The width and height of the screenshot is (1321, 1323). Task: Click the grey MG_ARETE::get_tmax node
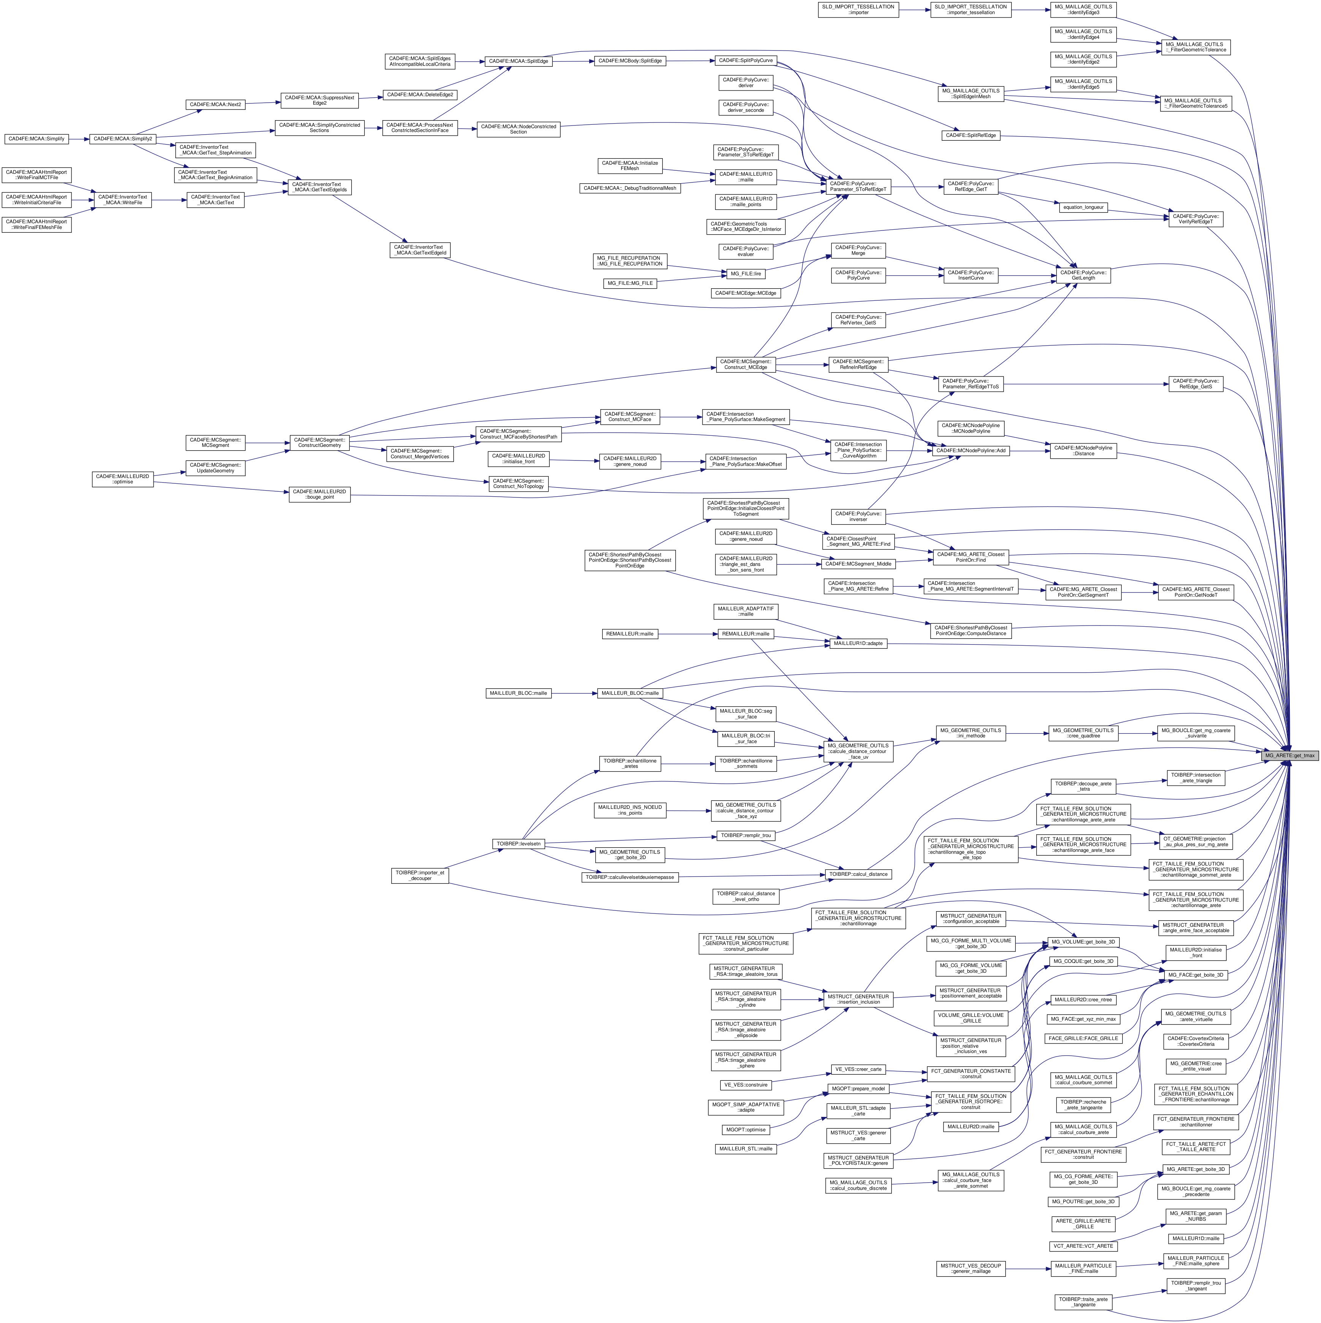[1289, 755]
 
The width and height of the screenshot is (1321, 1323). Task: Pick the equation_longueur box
[1083, 207]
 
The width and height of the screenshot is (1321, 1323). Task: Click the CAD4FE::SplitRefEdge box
[971, 136]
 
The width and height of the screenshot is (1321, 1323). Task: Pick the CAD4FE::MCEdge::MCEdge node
[745, 293]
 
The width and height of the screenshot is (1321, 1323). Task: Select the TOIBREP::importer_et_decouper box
[420, 876]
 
